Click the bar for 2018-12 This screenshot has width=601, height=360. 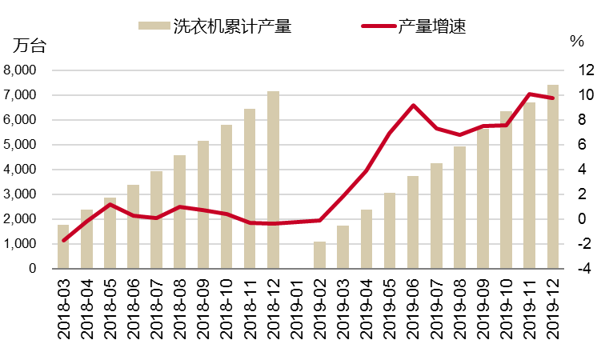tap(274, 180)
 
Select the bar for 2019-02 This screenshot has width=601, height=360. tap(320, 255)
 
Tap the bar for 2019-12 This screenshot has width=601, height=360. tap(553, 177)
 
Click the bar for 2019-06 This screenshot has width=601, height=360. tap(413, 222)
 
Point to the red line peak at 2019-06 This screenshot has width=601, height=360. tap(413, 106)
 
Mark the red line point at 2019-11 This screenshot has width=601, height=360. tap(530, 94)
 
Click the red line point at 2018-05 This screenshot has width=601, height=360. tap(110, 204)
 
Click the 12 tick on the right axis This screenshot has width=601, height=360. tap(581, 70)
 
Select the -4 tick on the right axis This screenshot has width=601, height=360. tap(581, 269)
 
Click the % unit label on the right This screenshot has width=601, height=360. tap(576, 41)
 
